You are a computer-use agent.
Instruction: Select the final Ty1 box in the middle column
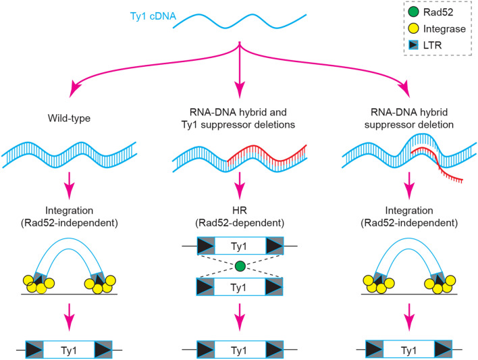coord(240,349)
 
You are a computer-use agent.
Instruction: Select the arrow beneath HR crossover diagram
coord(240,316)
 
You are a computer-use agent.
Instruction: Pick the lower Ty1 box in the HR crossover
coord(240,287)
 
